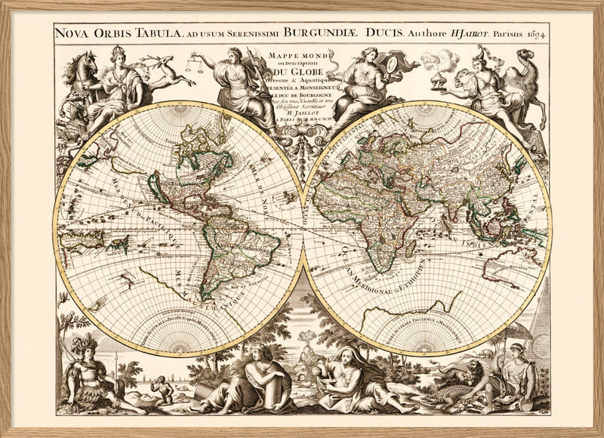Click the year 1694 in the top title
click(x=533, y=34)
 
